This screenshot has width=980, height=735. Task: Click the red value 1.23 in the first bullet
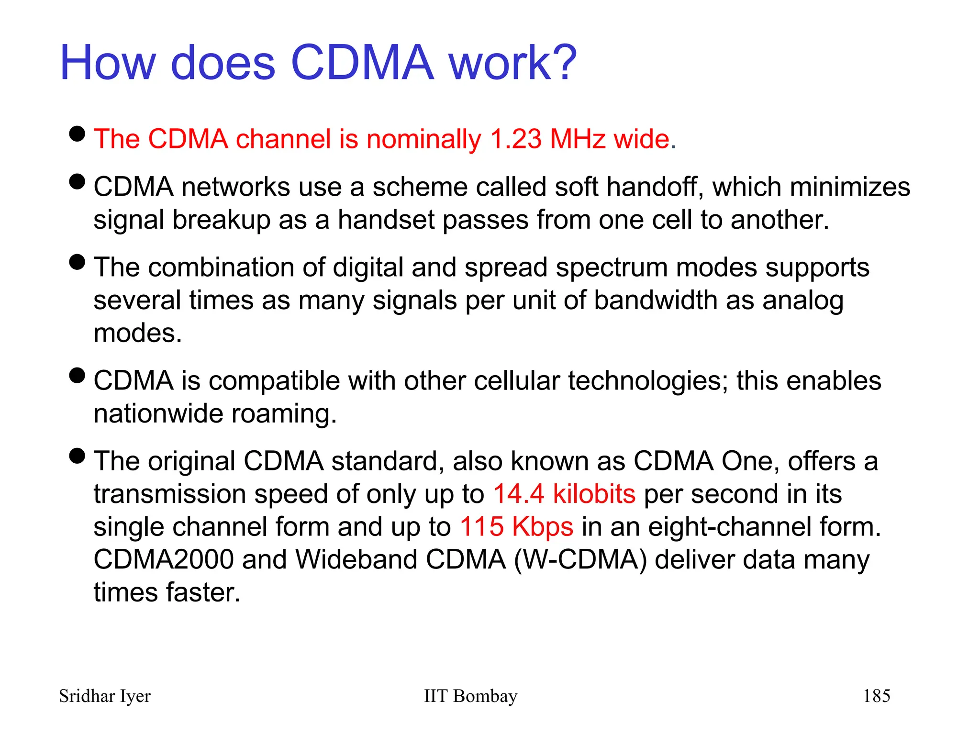pyautogui.click(x=516, y=139)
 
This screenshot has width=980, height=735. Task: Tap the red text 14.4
pyautogui.click(x=519, y=494)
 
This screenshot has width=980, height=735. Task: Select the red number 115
pyautogui.click(x=481, y=527)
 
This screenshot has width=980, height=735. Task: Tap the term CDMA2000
pyautogui.click(x=163, y=559)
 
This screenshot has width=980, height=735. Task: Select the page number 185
pyautogui.click(x=876, y=696)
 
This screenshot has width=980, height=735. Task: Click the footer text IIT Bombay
pyautogui.click(x=470, y=696)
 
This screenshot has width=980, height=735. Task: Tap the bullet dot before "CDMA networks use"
pyautogui.click(x=77, y=182)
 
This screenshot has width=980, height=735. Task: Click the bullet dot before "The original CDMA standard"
pyautogui.click(x=77, y=456)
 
